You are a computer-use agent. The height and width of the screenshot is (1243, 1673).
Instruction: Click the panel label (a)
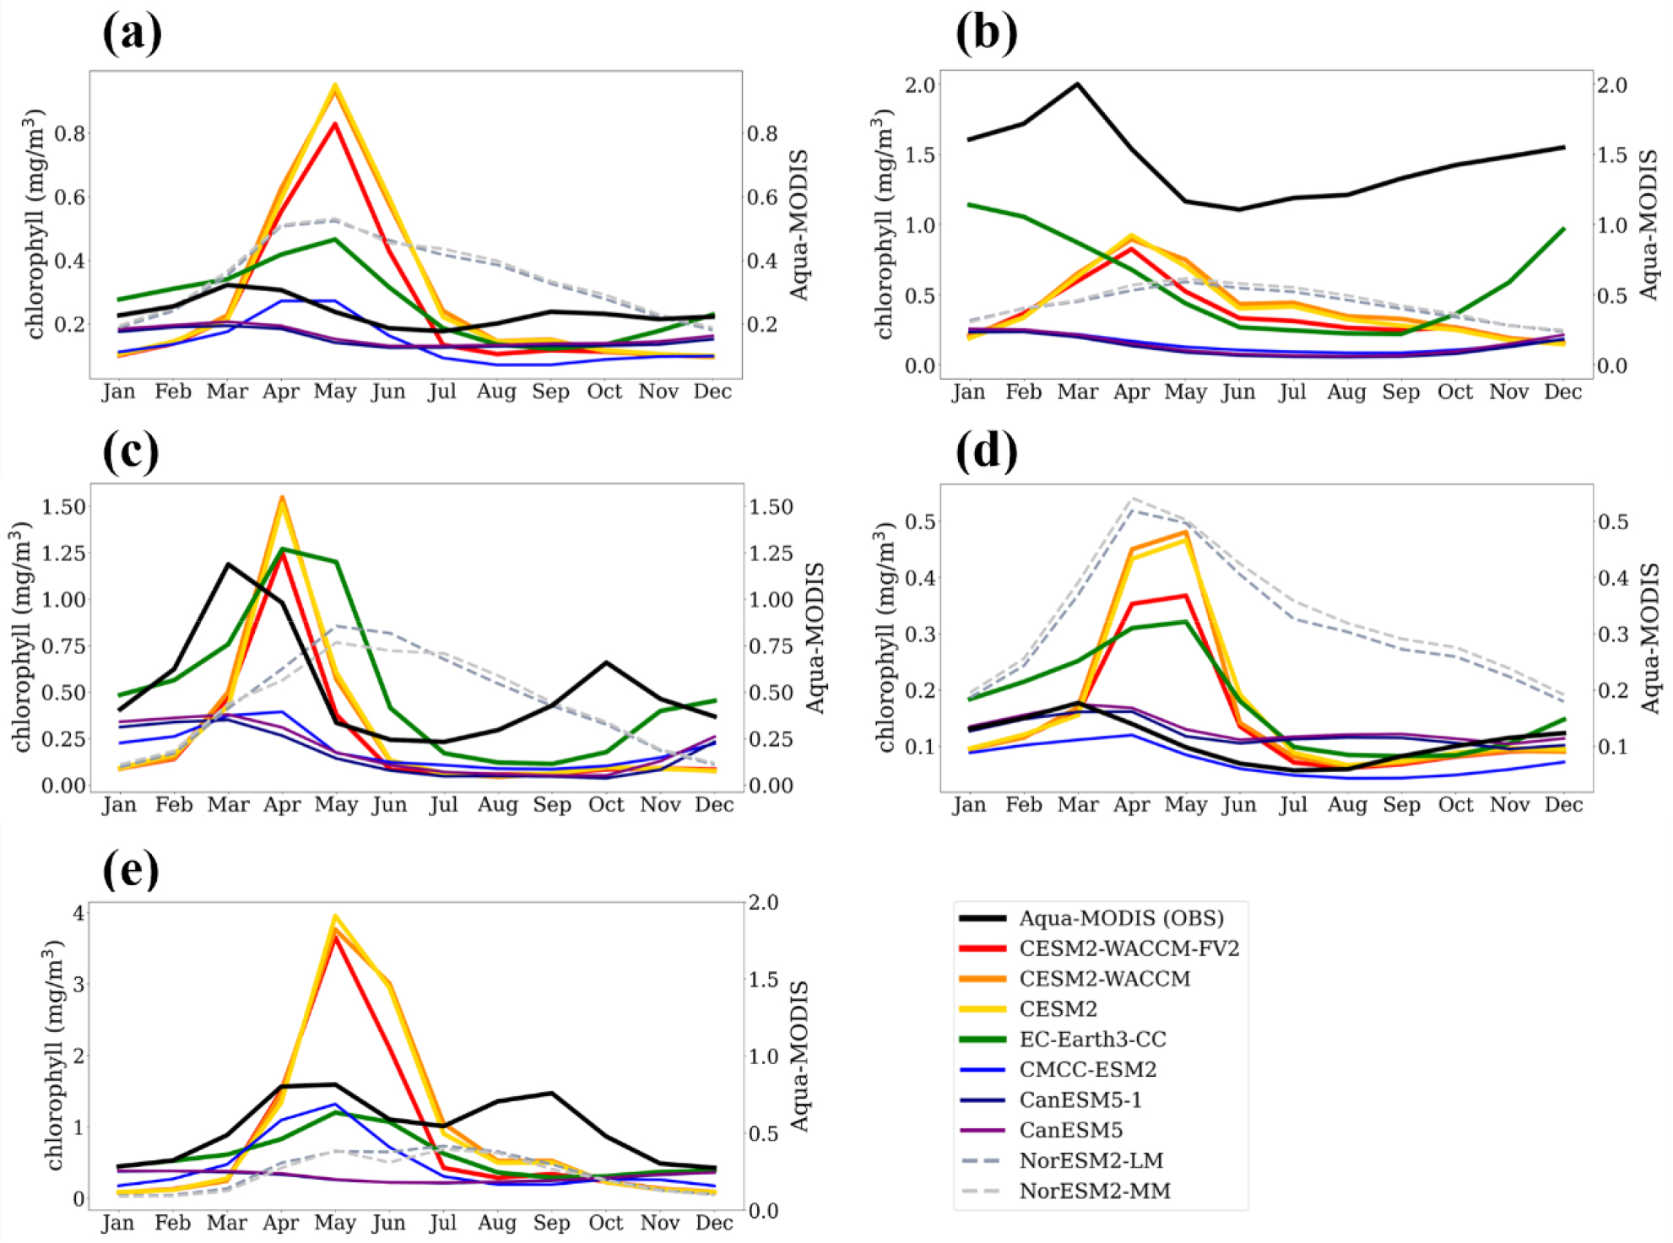pos(132,34)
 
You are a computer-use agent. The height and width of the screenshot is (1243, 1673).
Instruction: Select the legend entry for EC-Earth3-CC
pos(1092,1040)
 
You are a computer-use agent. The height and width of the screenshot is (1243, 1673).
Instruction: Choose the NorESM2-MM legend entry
pos(1095,1191)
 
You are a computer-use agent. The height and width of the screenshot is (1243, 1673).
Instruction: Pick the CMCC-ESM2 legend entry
pos(1088,1070)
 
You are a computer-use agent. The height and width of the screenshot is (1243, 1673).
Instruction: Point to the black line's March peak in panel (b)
pos(1077,84)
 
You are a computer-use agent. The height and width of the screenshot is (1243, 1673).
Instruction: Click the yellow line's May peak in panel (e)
pos(335,916)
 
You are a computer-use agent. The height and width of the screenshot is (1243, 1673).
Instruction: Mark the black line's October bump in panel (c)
pos(606,662)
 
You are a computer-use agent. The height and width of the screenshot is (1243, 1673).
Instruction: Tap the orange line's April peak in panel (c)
pos(282,497)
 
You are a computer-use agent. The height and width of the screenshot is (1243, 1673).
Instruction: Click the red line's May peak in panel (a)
pos(335,124)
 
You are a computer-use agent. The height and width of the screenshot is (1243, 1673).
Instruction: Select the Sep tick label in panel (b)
pos(1400,392)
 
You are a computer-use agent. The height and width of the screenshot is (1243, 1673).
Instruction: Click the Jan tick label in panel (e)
pos(118,1223)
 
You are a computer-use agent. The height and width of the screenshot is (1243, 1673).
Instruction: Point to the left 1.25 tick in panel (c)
pos(64,554)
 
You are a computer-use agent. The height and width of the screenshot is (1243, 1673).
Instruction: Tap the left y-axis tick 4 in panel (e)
pos(79,913)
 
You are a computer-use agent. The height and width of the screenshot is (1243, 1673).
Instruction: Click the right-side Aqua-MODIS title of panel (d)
pos(1649,638)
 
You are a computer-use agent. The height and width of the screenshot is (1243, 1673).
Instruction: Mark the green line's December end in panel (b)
pos(1563,229)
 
